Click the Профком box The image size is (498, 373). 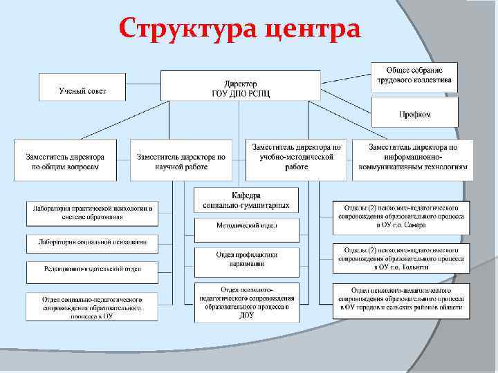[415, 113]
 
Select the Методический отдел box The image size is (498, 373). [246, 227]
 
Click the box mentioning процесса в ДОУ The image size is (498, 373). [246, 303]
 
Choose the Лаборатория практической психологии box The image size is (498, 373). [92, 213]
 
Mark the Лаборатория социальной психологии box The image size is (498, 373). [92, 243]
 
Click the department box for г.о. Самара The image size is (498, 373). [401, 216]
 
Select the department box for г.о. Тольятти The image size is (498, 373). [401, 258]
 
